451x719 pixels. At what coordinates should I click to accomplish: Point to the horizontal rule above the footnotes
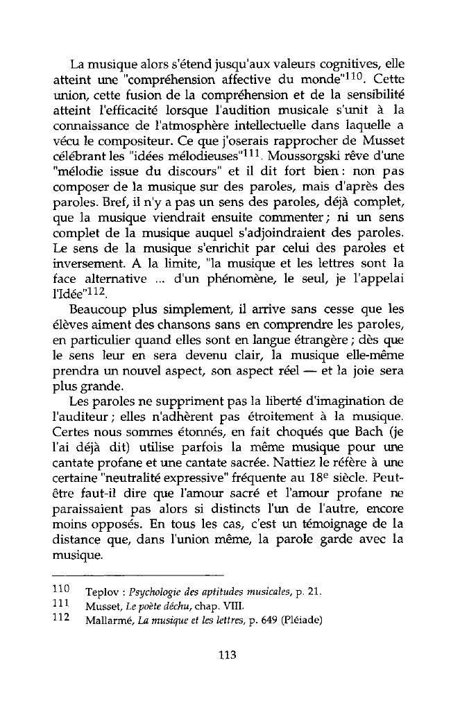[x=139, y=575]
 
